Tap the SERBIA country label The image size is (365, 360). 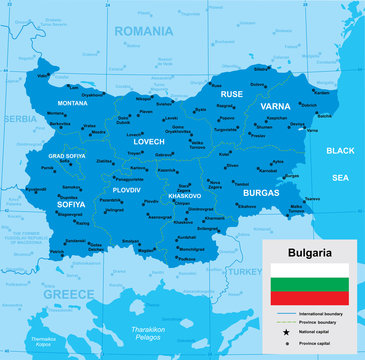click(19, 118)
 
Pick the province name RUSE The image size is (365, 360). click(231, 94)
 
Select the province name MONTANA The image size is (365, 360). click(72, 103)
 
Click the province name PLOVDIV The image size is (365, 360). click(127, 189)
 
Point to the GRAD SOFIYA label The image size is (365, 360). click(68, 156)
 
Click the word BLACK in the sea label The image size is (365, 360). click(341, 151)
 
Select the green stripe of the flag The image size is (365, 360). click(308, 284)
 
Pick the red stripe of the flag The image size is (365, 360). click(308, 297)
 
